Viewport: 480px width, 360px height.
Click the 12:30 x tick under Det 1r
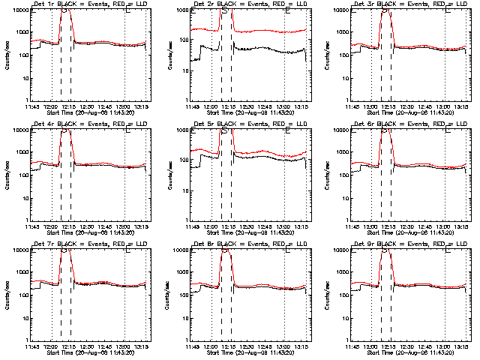click(88, 106)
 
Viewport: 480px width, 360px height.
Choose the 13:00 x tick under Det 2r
click(286, 106)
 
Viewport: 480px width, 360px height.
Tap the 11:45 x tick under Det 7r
click(32, 346)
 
